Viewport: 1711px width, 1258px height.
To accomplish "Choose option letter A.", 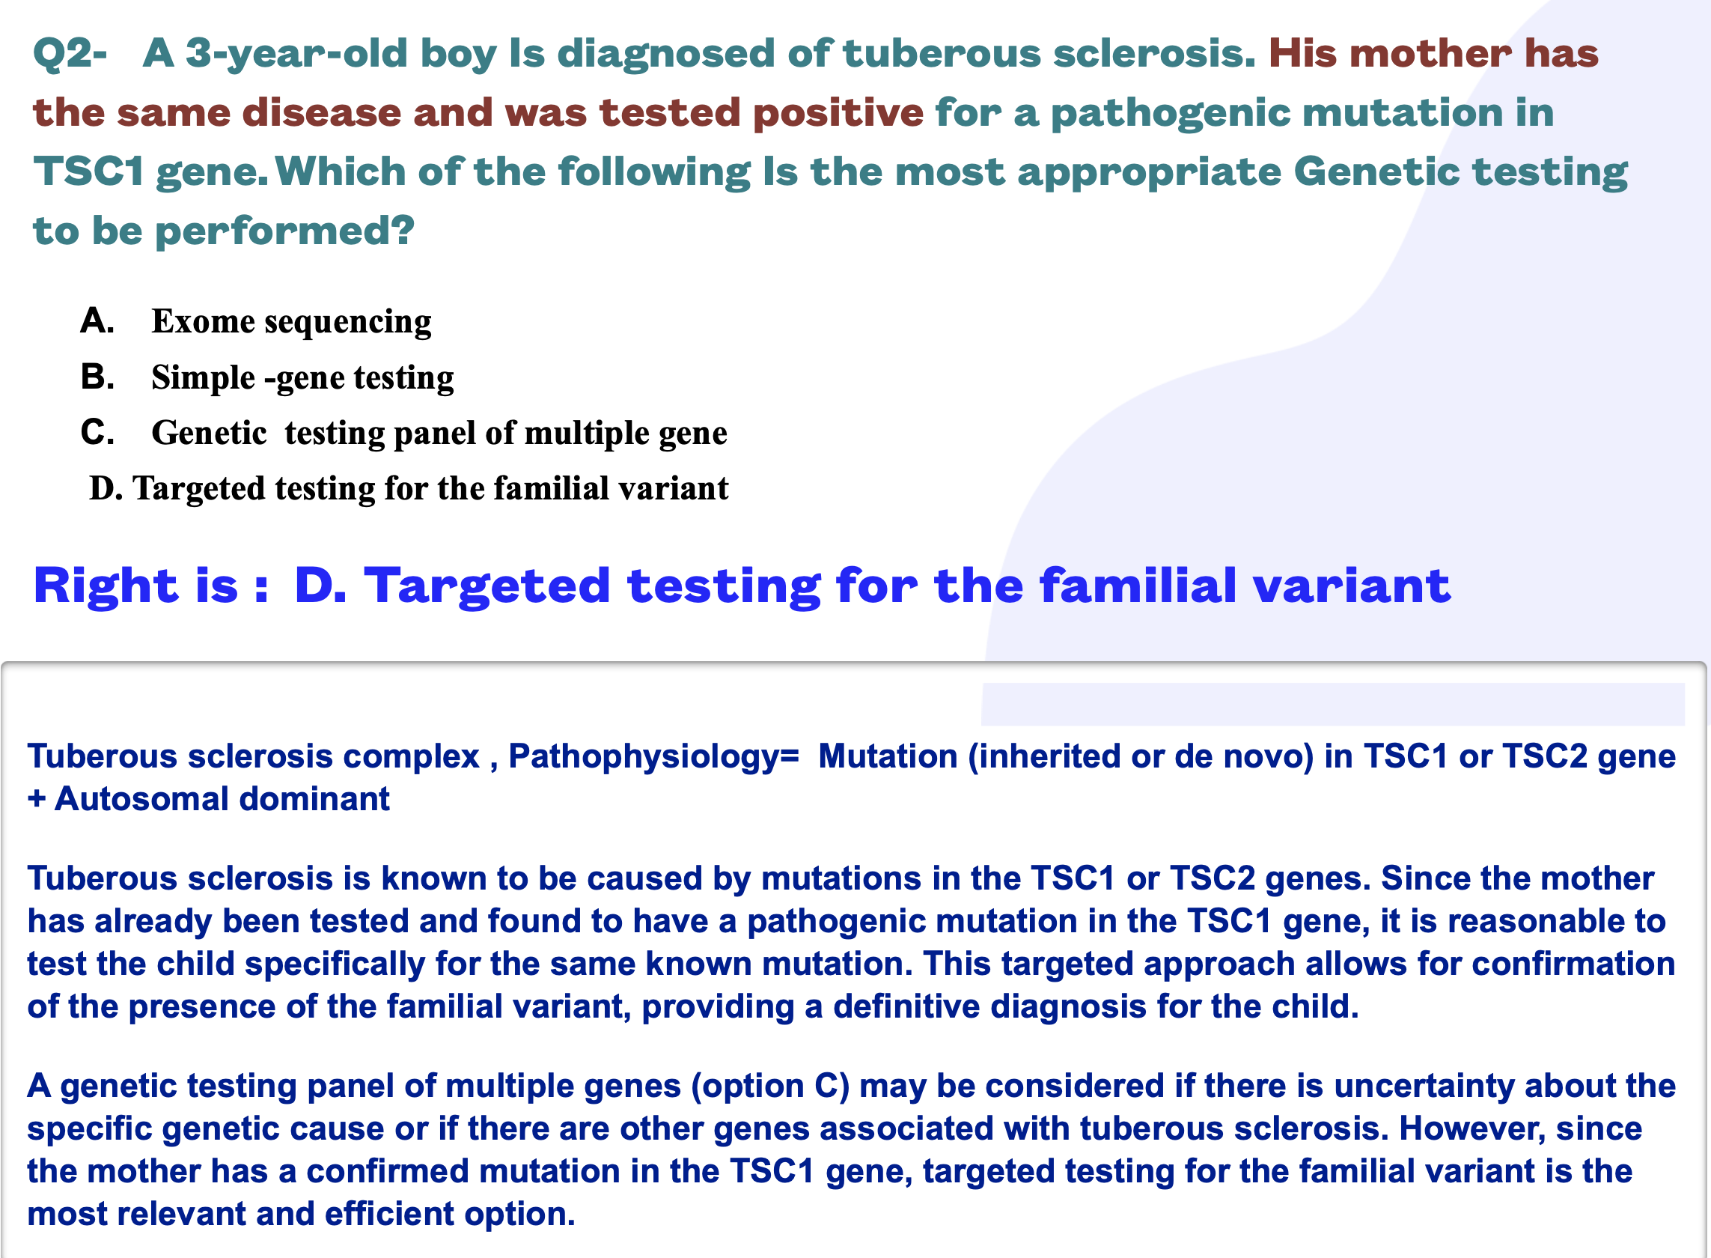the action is [97, 320].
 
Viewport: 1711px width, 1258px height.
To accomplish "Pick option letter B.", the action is [97, 377].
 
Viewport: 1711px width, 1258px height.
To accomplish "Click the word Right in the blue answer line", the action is [106, 586].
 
